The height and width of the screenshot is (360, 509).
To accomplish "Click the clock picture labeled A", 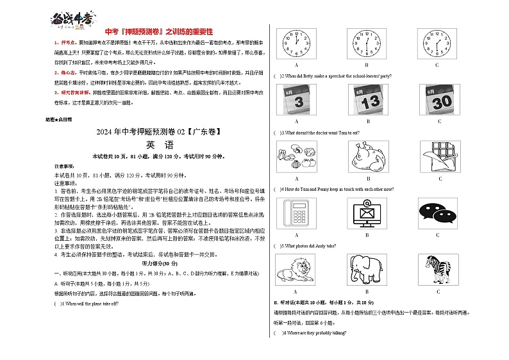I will click(x=296, y=44).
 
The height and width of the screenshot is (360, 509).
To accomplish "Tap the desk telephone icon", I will click(x=296, y=213).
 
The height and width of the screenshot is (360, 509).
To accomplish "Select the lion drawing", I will click(x=296, y=270).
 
